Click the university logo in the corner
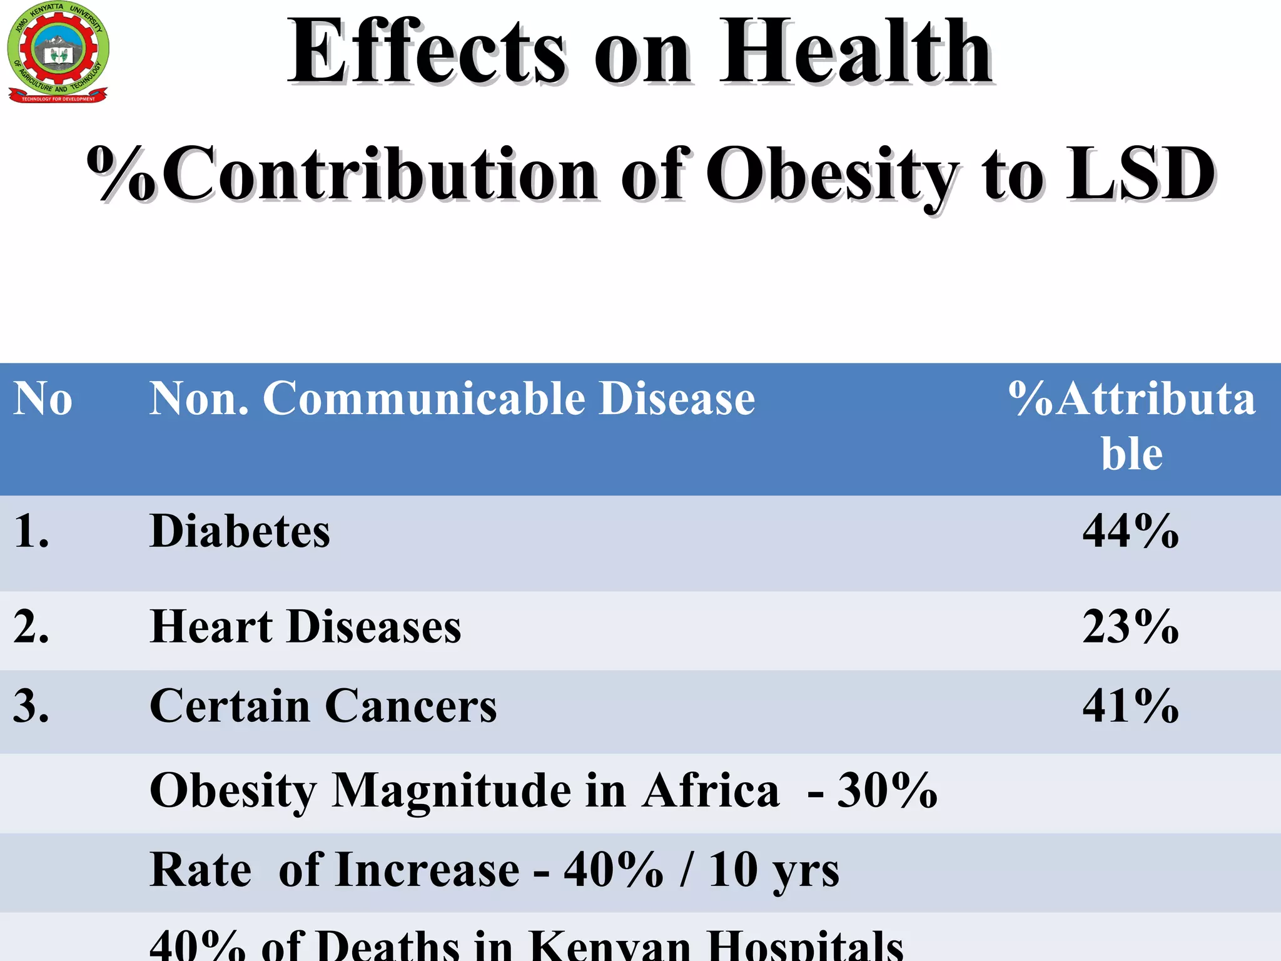pyautogui.click(x=58, y=53)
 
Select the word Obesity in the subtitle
pyautogui.click(x=832, y=175)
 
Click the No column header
pyautogui.click(x=43, y=399)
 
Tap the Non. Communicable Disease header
pyautogui.click(x=452, y=399)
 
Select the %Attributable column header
pyautogui.click(x=1132, y=425)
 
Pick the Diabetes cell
pyautogui.click(x=240, y=531)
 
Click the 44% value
pyautogui.click(x=1130, y=531)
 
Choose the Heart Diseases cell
pyautogui.click(x=305, y=627)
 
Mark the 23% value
pyautogui.click(x=1130, y=627)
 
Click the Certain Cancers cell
pyautogui.click(x=323, y=706)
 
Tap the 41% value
pyautogui.click(x=1130, y=706)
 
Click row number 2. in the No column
pyautogui.click(x=31, y=627)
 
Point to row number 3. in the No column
pyautogui.click(x=31, y=706)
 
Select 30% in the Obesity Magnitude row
pyautogui.click(x=887, y=790)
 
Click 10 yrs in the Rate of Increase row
pyautogui.click(x=773, y=870)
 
